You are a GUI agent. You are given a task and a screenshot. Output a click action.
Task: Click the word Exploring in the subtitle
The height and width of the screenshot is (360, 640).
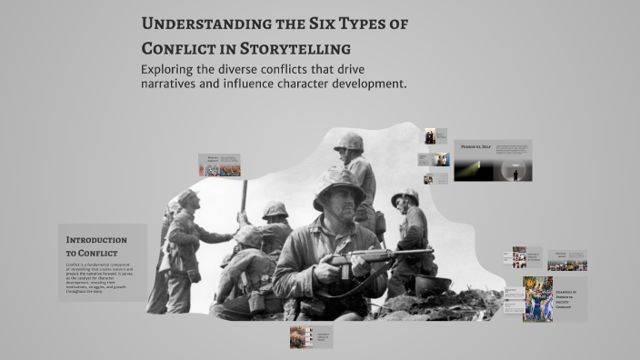(x=173, y=69)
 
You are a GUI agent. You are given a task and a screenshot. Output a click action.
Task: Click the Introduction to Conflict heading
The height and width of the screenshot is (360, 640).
(x=96, y=245)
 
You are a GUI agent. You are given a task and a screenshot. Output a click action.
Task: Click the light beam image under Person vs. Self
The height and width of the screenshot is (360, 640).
(x=474, y=169)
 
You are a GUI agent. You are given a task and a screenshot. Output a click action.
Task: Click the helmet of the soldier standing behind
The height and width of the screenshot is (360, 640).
(x=348, y=144)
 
